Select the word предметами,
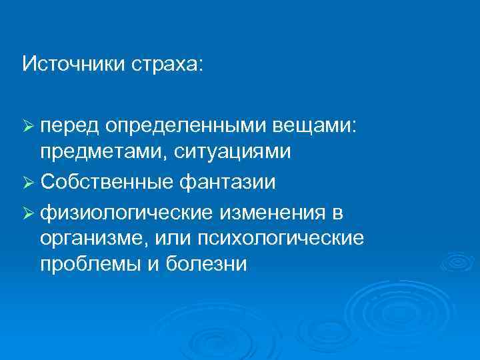[x=105, y=153]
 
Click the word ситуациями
[x=234, y=153]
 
